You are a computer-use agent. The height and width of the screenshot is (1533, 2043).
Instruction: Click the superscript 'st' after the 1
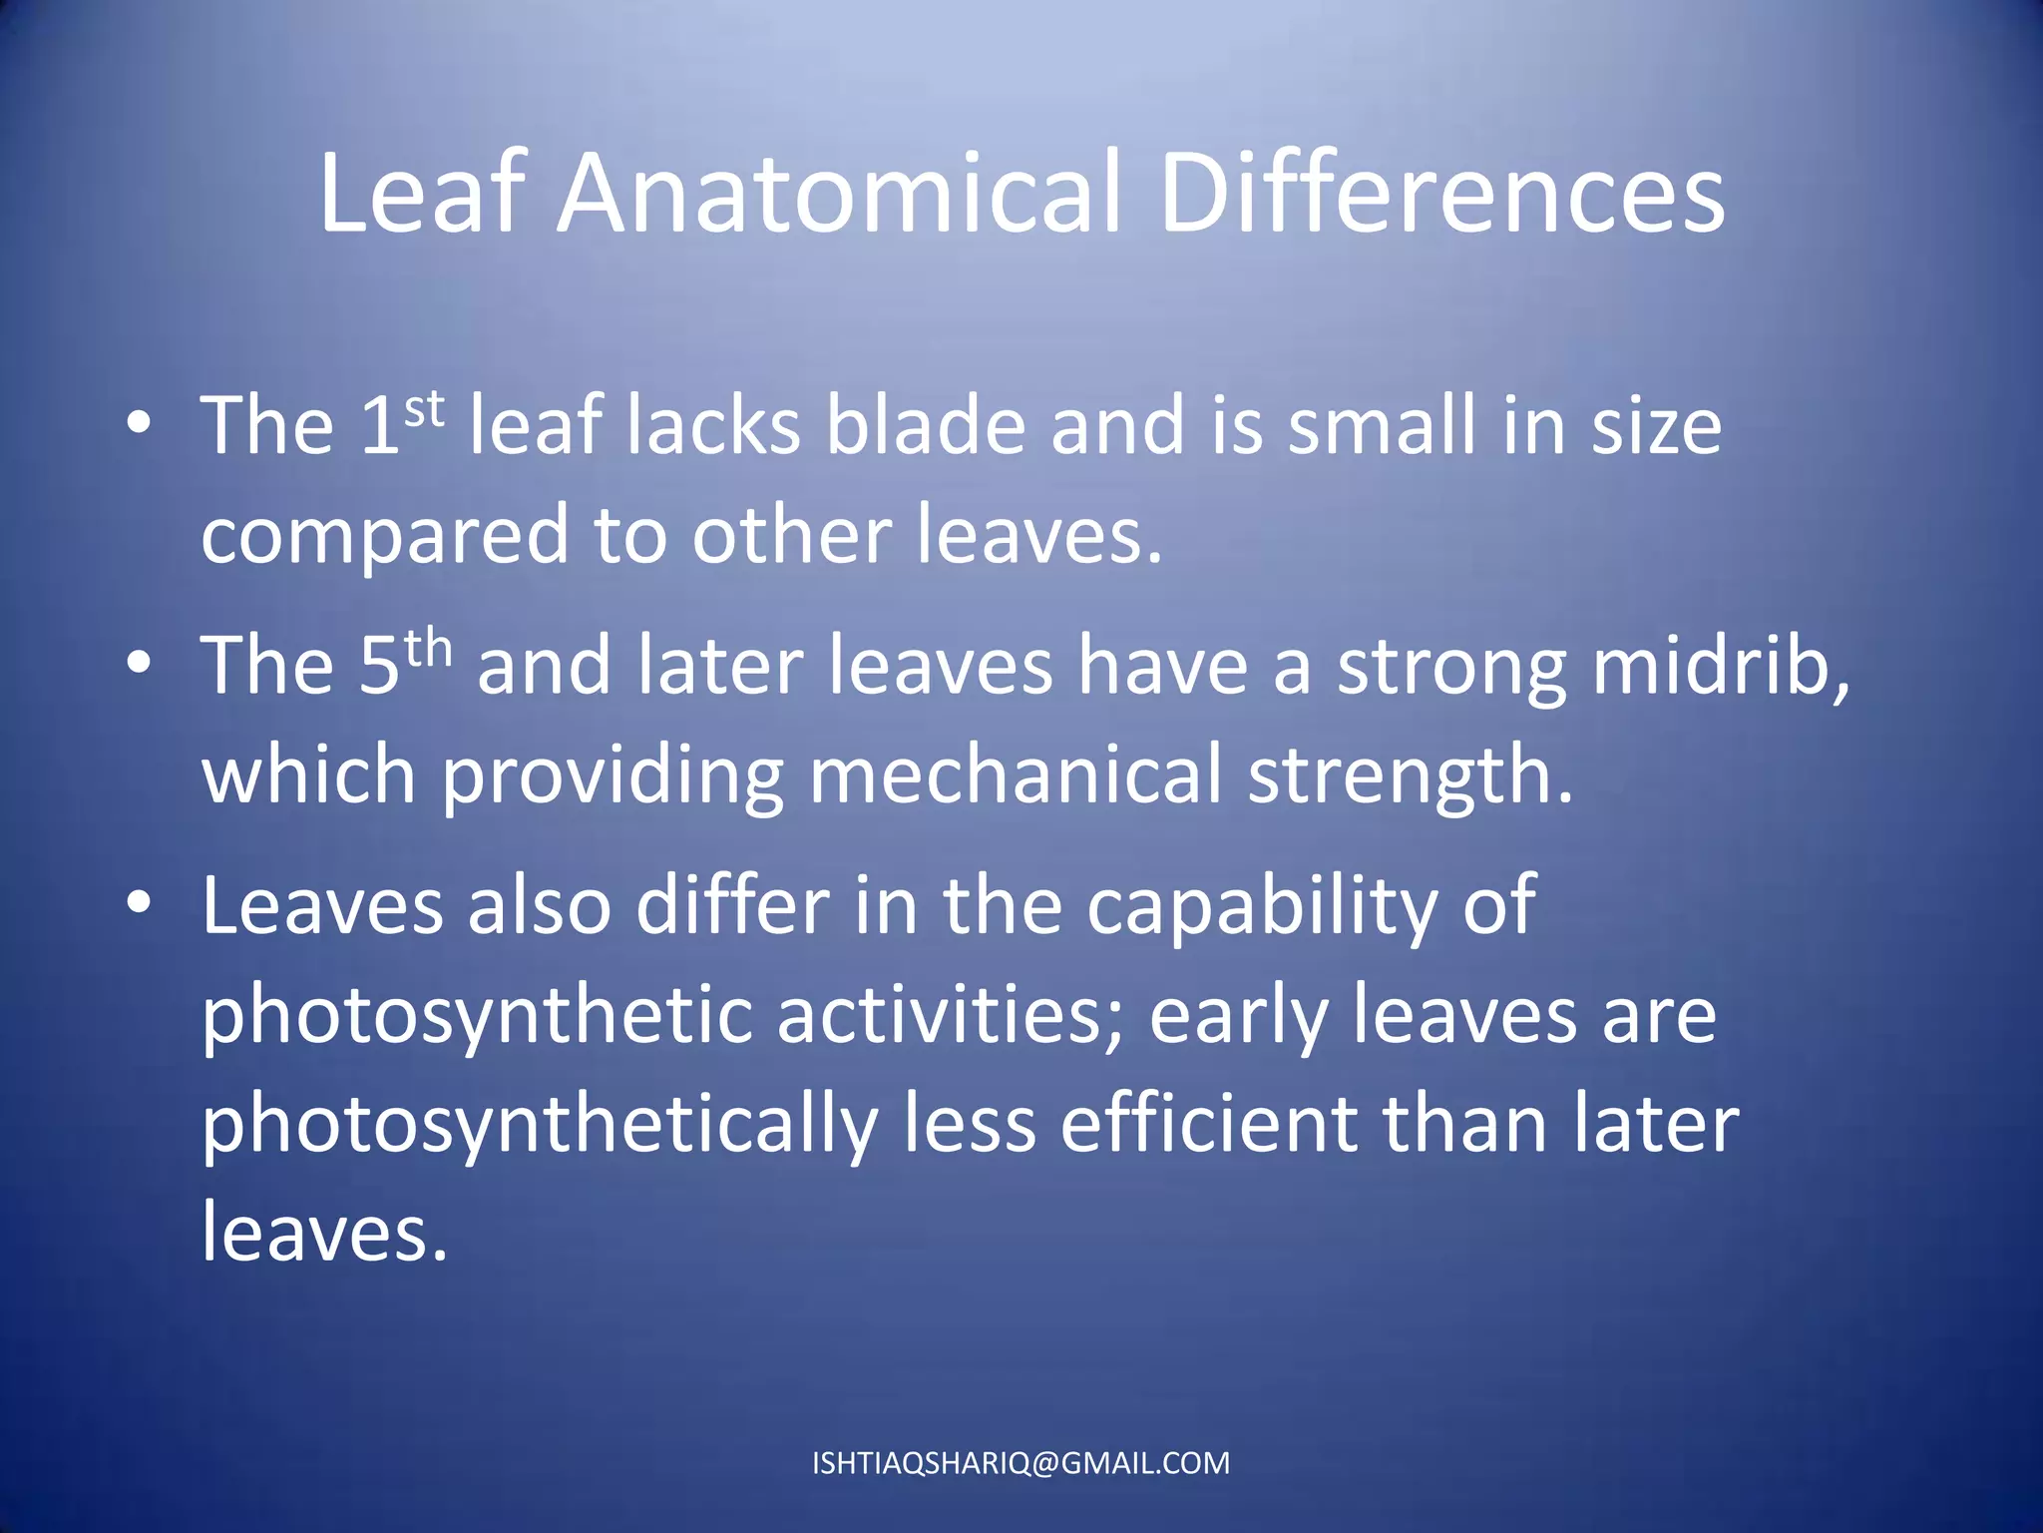(x=424, y=409)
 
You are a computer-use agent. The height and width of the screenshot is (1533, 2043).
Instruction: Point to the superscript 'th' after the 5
(x=428, y=650)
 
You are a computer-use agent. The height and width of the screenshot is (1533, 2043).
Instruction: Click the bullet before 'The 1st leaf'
(x=140, y=423)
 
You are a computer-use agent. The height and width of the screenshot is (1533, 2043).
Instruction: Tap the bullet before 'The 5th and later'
(x=140, y=663)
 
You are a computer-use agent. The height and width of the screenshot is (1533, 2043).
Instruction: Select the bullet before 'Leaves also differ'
(x=140, y=902)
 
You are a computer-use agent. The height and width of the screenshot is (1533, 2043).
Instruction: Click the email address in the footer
(x=1021, y=1463)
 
